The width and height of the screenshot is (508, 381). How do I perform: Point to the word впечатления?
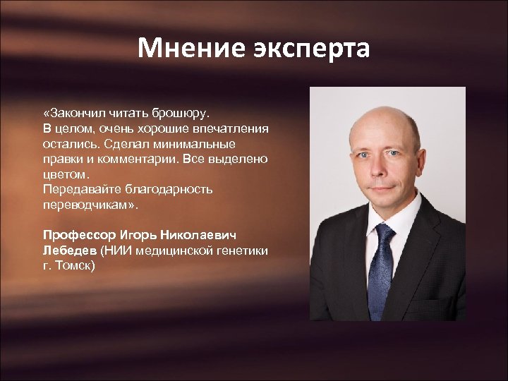tap(231, 128)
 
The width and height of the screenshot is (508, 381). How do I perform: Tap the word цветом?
tap(66, 174)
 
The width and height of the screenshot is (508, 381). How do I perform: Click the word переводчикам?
tap(89, 205)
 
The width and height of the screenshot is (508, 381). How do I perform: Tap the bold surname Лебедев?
tap(69, 250)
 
